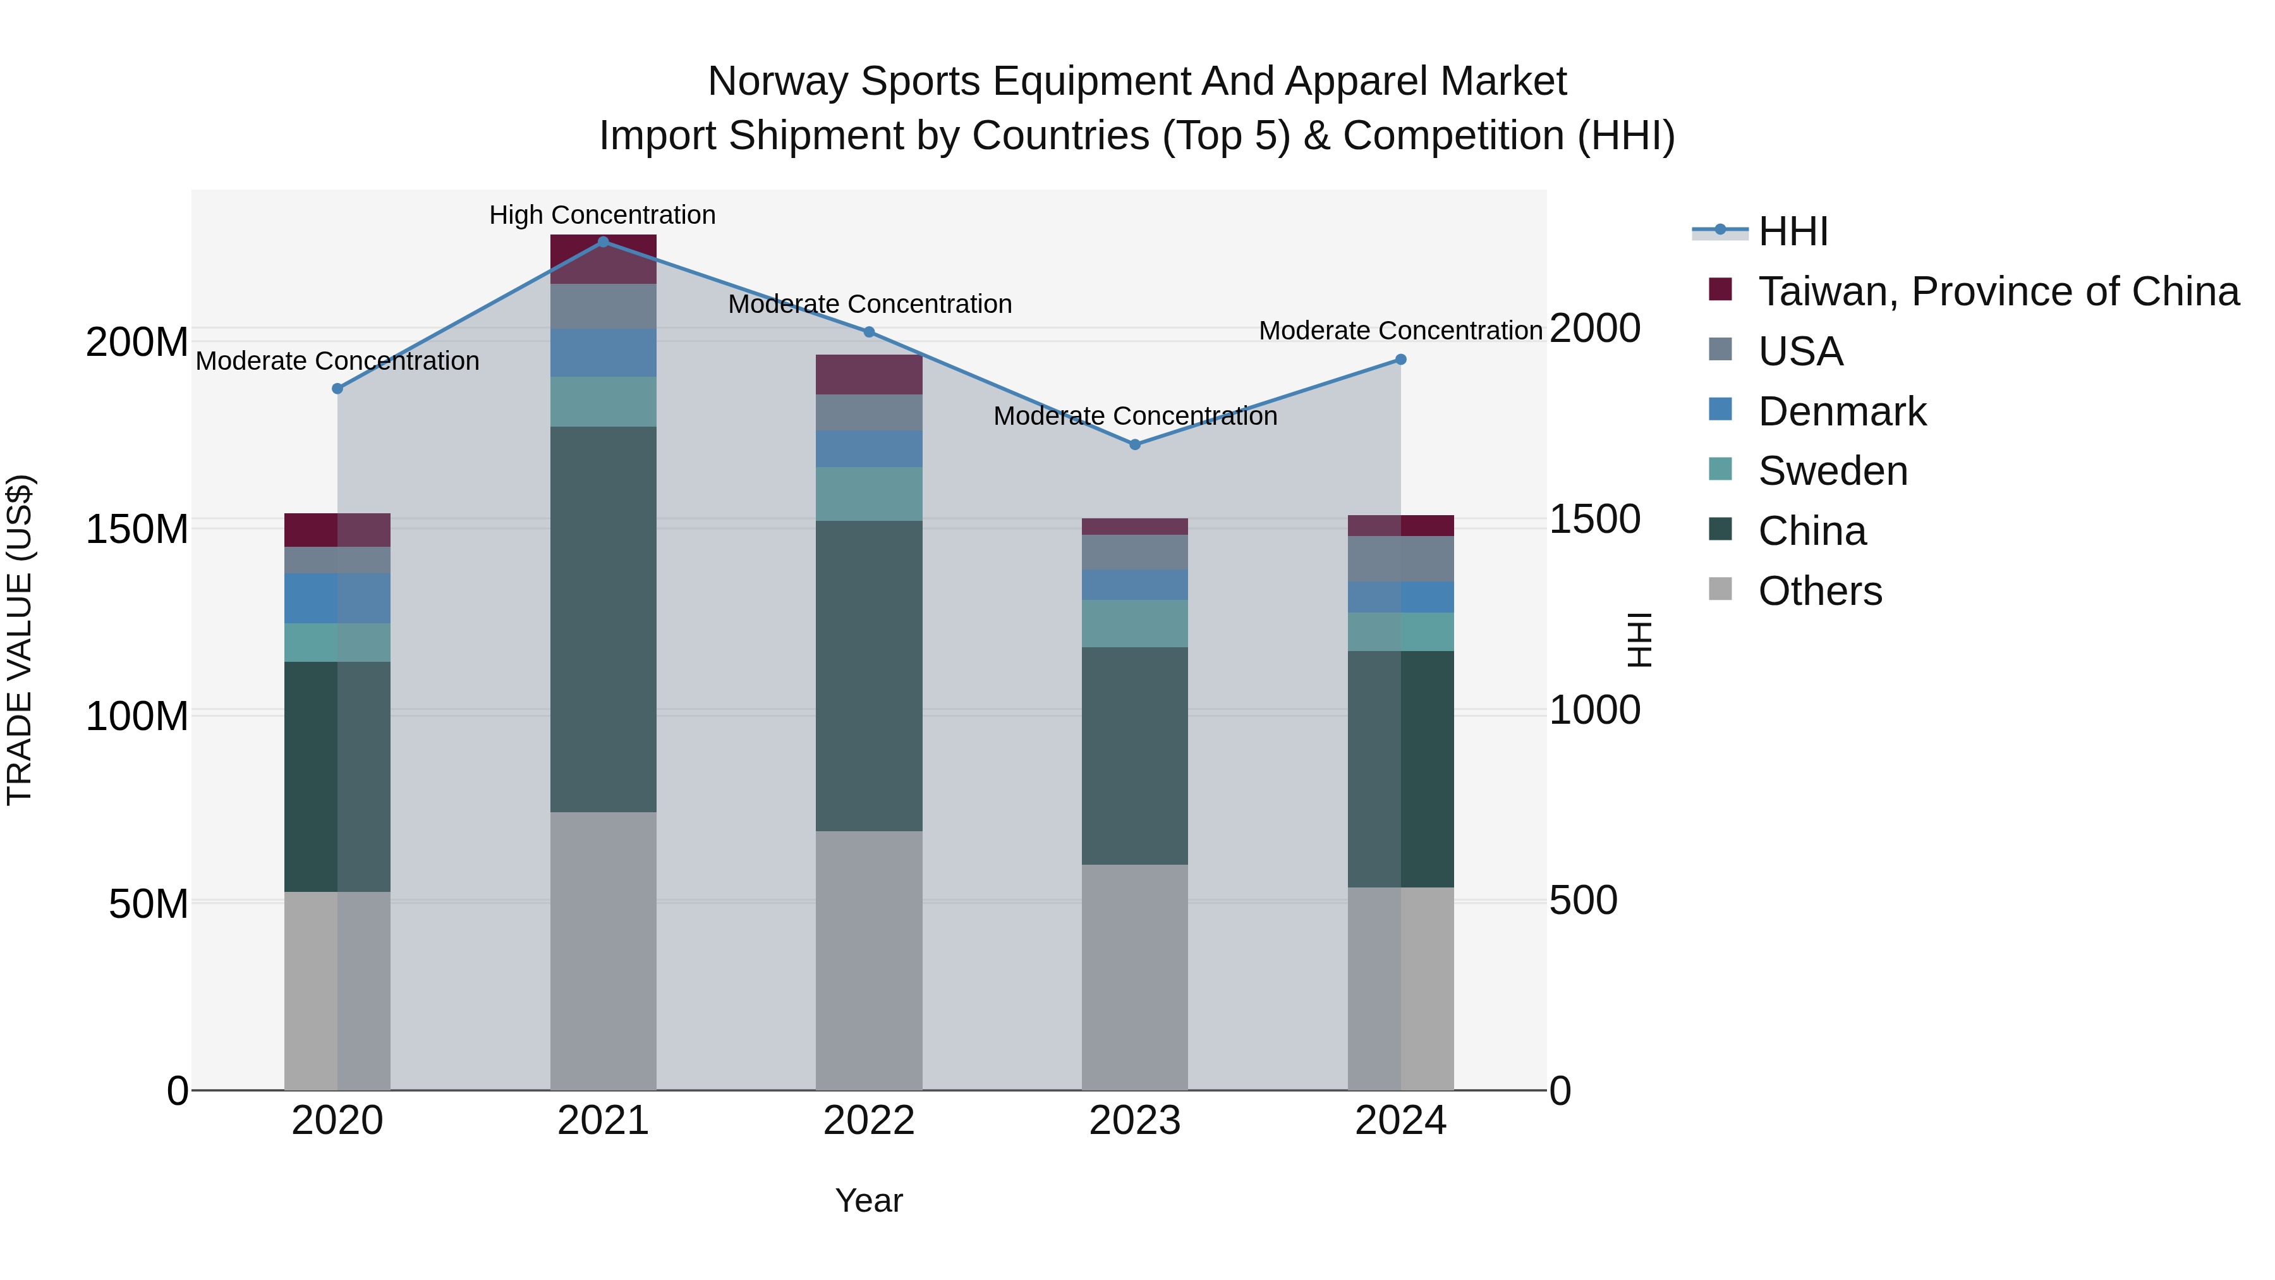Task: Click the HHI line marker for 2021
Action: [604, 242]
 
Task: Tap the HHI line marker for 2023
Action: [1135, 444]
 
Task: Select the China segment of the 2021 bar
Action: [604, 618]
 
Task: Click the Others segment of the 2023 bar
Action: [1135, 976]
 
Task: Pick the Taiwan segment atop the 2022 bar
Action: [869, 375]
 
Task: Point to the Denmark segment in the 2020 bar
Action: [337, 598]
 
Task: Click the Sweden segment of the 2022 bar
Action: [869, 494]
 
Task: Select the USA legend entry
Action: [1800, 351]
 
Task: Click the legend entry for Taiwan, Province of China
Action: [1998, 291]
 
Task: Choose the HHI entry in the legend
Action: [1792, 231]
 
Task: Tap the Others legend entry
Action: [1819, 591]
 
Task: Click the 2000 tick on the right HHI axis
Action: [1595, 329]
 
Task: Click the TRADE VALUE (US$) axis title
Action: [20, 640]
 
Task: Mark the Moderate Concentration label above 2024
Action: [1400, 331]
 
